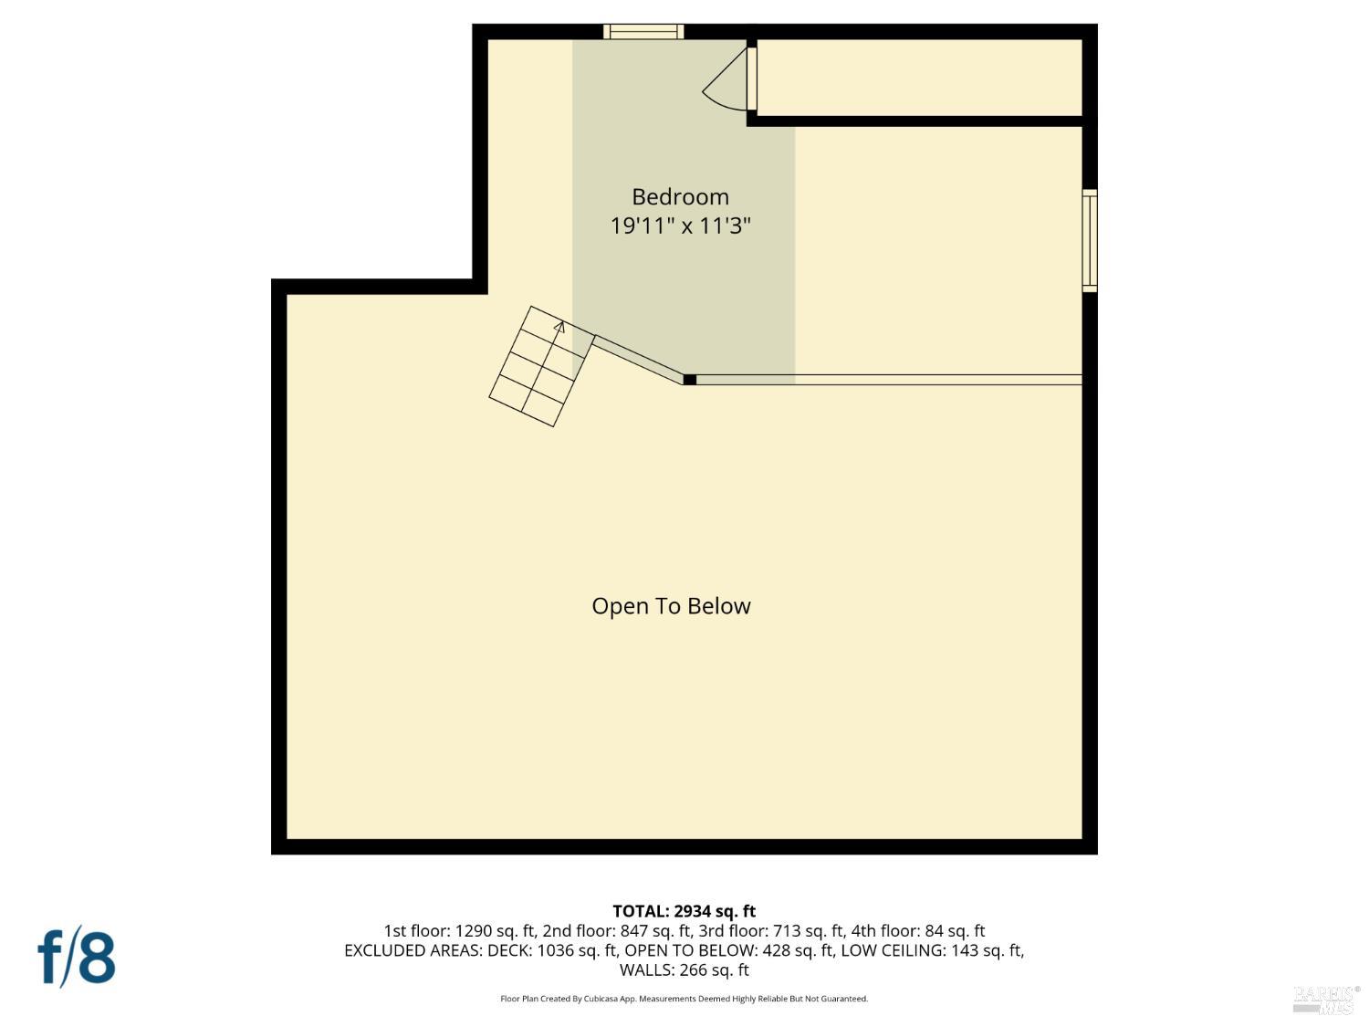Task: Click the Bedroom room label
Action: (680, 196)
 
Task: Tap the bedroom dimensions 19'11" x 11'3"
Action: (680, 225)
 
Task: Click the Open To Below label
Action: (671, 606)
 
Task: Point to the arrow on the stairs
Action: (559, 326)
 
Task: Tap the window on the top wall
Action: (644, 32)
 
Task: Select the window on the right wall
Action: (1090, 241)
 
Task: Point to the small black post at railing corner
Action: (690, 380)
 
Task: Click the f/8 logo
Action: (77, 956)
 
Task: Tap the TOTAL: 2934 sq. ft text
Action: (684, 911)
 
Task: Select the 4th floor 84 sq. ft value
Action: (954, 931)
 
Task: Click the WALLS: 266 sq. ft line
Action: (684, 970)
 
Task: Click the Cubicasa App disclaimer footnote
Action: (684, 999)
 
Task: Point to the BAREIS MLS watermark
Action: (1326, 999)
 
